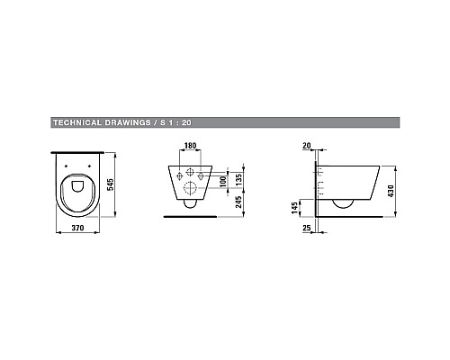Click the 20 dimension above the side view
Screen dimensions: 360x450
(307, 144)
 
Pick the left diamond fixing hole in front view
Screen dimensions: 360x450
(177, 174)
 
